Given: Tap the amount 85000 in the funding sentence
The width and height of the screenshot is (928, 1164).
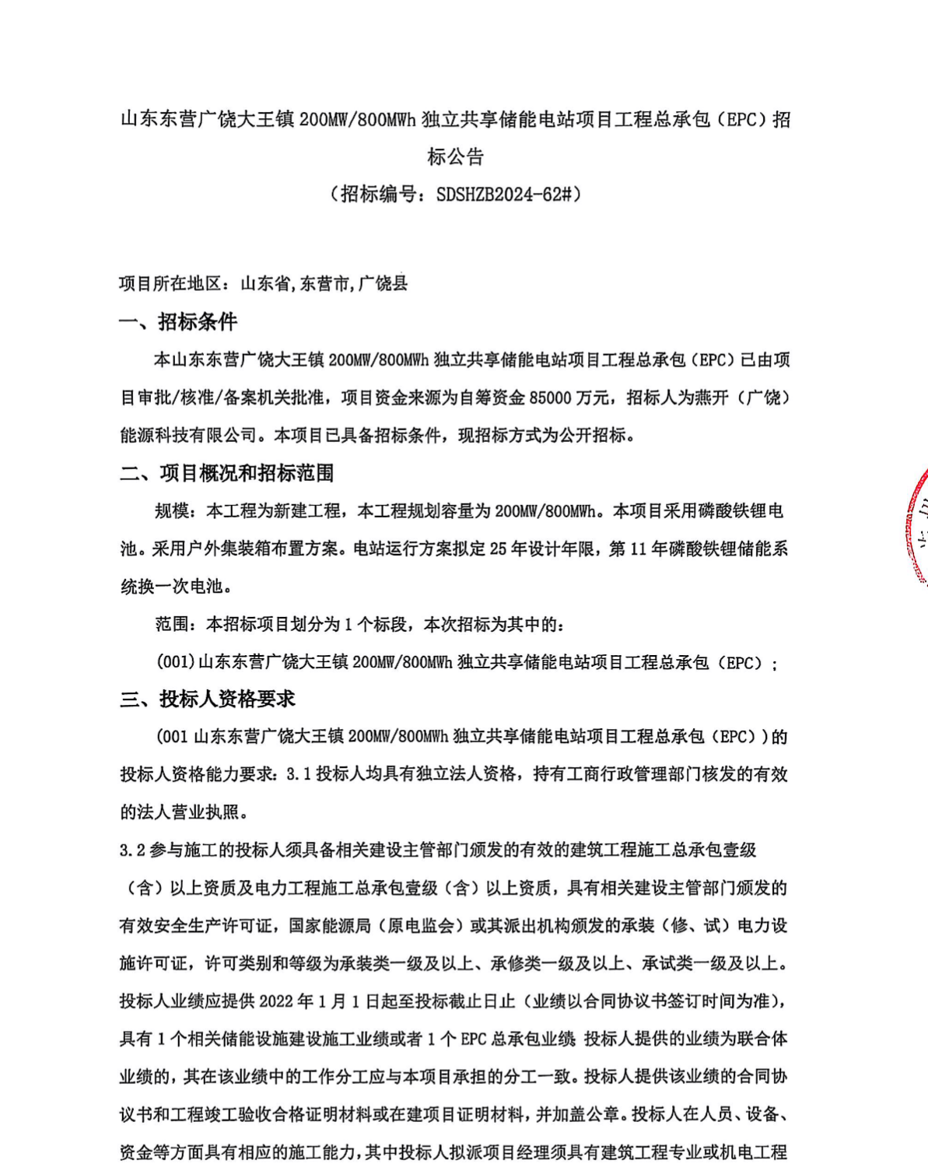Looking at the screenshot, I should click(550, 398).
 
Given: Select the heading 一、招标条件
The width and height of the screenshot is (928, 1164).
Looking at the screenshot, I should click(178, 322).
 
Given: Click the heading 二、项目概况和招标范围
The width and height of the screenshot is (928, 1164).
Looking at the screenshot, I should click(227, 473).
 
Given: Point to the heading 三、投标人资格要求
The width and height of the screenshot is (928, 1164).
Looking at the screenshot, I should click(208, 699).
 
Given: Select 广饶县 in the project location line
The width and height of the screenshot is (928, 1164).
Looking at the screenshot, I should click(383, 283).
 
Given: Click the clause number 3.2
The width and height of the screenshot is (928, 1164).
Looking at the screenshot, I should click(132, 850).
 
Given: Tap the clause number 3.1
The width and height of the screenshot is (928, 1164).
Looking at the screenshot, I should click(299, 774).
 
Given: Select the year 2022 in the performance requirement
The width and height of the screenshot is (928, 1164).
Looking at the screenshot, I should click(276, 1001).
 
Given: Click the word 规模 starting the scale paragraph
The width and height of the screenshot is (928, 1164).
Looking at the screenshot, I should click(172, 511).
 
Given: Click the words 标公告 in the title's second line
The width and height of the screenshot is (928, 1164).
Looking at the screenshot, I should click(455, 156).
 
